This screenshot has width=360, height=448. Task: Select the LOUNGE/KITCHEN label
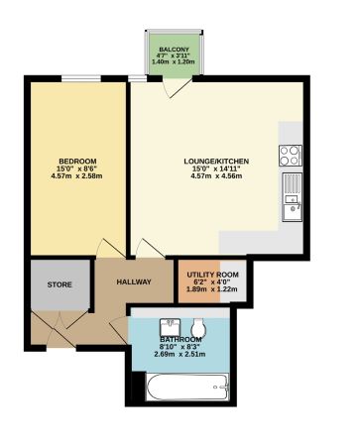(x=214, y=161)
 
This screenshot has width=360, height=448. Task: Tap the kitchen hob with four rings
(x=291, y=155)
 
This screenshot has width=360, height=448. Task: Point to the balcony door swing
(x=180, y=86)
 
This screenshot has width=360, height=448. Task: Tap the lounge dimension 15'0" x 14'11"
(x=214, y=169)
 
